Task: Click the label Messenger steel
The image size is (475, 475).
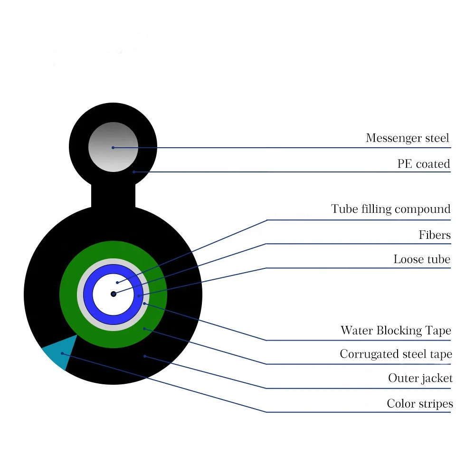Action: tap(407, 138)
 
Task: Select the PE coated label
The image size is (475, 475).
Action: tap(423, 164)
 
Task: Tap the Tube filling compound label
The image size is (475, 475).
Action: tap(390, 209)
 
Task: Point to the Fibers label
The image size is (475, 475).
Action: tap(435, 235)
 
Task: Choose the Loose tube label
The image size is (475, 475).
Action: tap(422, 259)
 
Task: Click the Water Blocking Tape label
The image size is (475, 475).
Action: tap(396, 331)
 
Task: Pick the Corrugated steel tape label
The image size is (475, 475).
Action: tap(396, 354)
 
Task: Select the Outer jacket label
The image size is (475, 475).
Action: tap(420, 379)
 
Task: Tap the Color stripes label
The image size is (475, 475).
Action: tap(419, 404)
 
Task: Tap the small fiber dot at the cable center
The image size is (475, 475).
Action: tap(113, 294)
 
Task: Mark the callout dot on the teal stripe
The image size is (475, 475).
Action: tap(62, 353)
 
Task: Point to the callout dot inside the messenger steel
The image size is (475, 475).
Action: tap(113, 147)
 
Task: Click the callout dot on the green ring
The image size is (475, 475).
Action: tap(144, 328)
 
